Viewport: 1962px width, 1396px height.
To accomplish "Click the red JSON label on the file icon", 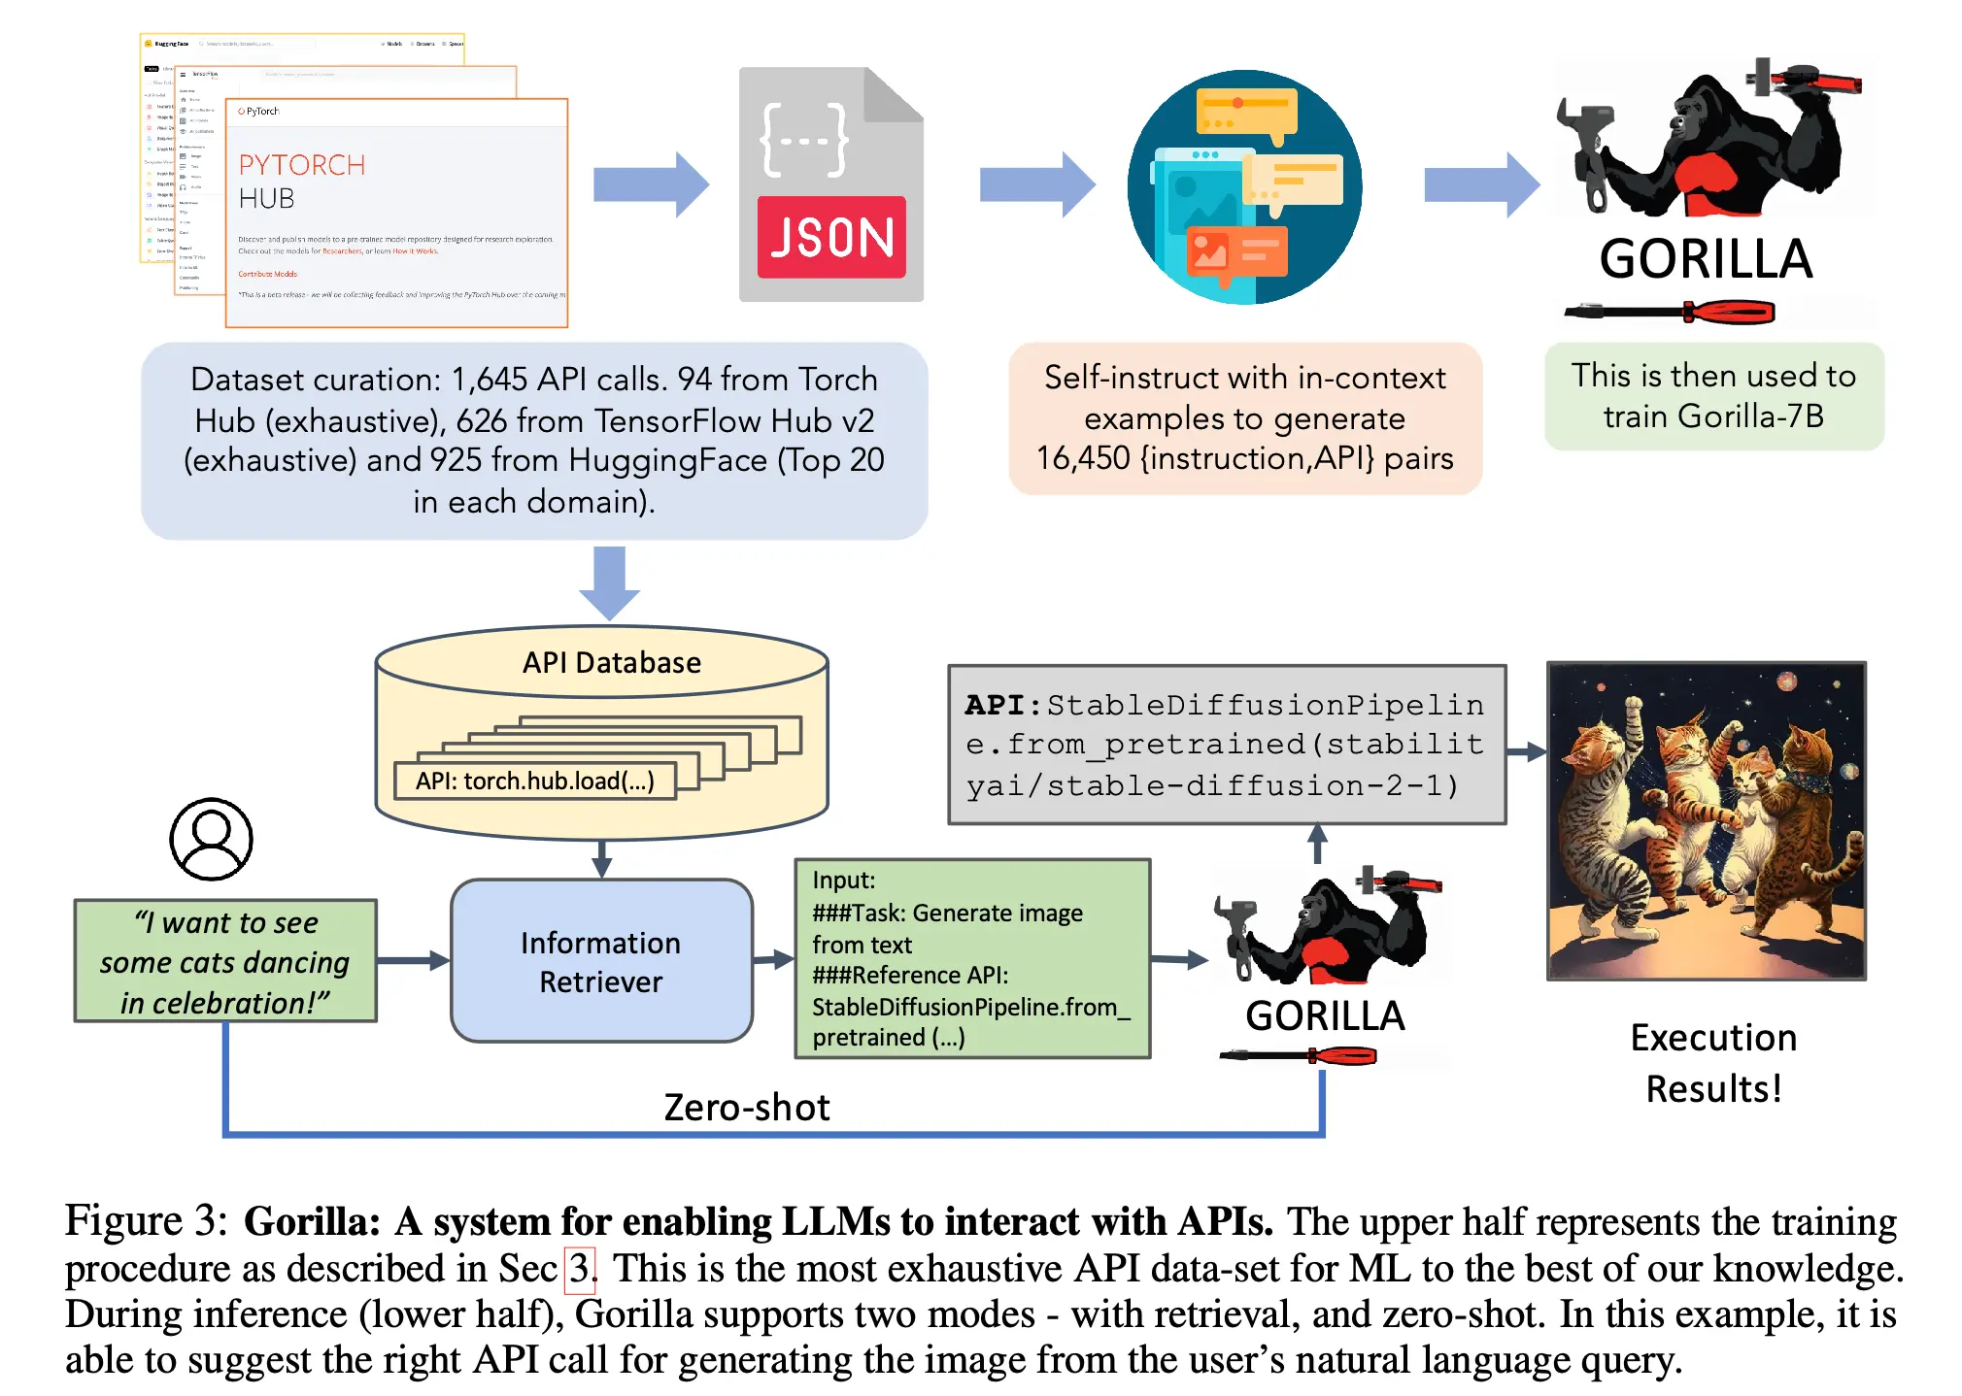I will (830, 238).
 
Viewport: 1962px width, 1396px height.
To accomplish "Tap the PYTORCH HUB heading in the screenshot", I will (301, 181).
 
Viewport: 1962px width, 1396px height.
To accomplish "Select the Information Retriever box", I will (600, 961).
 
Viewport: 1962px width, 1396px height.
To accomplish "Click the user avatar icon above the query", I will (211, 839).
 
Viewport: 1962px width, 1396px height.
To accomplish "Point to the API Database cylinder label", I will (611, 662).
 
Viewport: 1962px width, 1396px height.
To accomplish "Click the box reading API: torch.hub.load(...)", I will (534, 781).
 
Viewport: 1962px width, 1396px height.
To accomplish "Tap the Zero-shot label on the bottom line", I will (746, 1107).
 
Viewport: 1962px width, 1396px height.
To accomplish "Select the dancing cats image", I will (1706, 820).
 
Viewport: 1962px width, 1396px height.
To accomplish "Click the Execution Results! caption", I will (1712, 1063).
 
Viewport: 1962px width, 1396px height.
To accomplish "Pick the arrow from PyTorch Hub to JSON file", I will (651, 183).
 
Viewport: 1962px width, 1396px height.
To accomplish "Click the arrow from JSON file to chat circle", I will (1036, 183).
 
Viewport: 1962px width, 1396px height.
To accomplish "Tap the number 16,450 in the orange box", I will (1082, 458).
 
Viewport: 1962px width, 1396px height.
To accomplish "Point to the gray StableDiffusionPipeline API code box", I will (1226, 745).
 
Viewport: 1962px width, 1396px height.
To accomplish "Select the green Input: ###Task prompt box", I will (971, 958).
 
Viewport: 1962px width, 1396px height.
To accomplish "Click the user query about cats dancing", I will (224, 961).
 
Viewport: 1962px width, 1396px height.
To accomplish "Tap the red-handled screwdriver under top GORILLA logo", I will (1669, 312).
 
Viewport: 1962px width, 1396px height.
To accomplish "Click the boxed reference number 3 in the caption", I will (579, 1268).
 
